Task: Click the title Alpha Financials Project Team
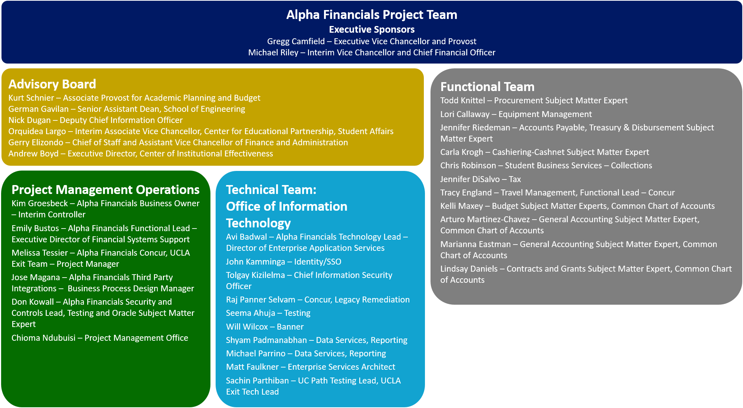click(x=371, y=15)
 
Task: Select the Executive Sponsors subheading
click(x=371, y=29)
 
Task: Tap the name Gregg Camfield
click(x=296, y=41)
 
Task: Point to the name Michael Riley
click(x=273, y=52)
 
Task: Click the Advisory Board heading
click(x=52, y=84)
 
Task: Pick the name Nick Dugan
click(x=30, y=120)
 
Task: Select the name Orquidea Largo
click(x=37, y=131)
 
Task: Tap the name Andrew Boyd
click(x=33, y=153)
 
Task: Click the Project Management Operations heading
click(x=105, y=190)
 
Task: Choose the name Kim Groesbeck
click(x=40, y=203)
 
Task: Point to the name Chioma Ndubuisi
click(x=43, y=338)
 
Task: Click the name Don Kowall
click(x=33, y=302)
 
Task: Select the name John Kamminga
click(x=255, y=262)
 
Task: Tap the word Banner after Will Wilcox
click(x=290, y=327)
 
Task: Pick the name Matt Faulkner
click(x=252, y=367)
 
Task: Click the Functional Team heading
click(x=487, y=87)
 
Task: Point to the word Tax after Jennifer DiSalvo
click(x=515, y=179)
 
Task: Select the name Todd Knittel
click(x=463, y=100)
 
